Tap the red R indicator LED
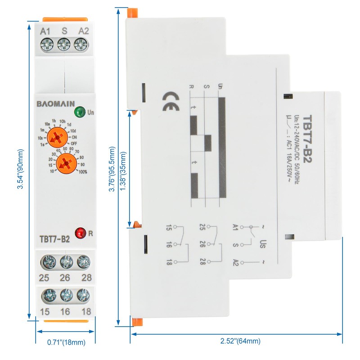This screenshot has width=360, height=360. click(81, 233)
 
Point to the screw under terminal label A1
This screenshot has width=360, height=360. click(46, 44)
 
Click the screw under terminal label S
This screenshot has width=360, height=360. click(64, 44)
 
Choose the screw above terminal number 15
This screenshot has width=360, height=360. click(47, 295)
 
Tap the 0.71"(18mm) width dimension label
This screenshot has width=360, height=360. click(66, 342)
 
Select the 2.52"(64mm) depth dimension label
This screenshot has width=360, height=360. click(236, 341)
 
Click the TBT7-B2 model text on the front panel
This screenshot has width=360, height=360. click(54, 239)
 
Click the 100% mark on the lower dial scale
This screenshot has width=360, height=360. click(82, 171)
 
